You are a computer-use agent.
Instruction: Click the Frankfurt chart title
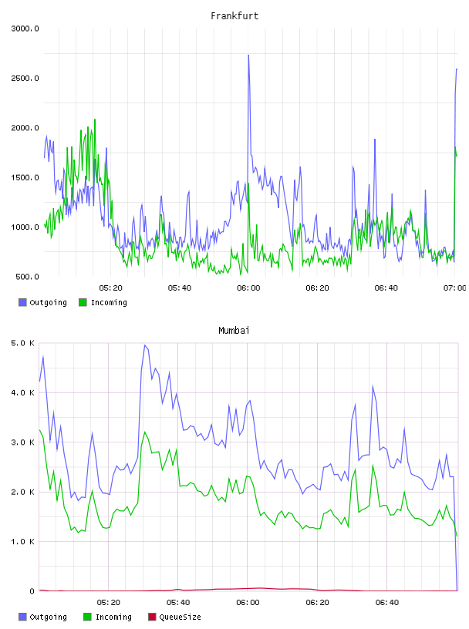click(235, 16)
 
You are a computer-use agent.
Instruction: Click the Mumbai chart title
click(234, 331)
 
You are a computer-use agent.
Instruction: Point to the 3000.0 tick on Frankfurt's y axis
click(25, 29)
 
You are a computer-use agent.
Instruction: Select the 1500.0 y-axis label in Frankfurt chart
click(25, 177)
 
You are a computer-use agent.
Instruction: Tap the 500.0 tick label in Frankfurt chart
click(27, 277)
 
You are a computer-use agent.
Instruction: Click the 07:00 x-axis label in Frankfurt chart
click(454, 288)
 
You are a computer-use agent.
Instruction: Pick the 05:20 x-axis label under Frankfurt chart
click(110, 288)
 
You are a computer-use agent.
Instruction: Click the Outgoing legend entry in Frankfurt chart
click(42, 302)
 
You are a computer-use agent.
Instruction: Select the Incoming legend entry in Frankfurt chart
click(103, 302)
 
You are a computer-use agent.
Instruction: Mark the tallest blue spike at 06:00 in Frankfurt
click(248, 55)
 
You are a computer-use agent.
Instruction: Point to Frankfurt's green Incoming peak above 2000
click(95, 119)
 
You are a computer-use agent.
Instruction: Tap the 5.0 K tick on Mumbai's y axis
click(23, 343)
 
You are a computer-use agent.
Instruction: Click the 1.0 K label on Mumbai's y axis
click(23, 542)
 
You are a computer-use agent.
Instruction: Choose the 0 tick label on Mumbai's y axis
click(32, 591)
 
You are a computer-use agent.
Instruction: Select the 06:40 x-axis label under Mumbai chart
click(387, 603)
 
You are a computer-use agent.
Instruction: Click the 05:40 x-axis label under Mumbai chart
click(178, 603)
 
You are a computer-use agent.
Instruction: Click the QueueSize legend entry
click(174, 617)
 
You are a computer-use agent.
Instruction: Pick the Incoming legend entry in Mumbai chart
click(107, 617)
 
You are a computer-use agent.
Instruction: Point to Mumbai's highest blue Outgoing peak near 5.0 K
click(145, 345)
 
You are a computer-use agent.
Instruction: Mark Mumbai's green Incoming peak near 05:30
click(145, 432)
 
